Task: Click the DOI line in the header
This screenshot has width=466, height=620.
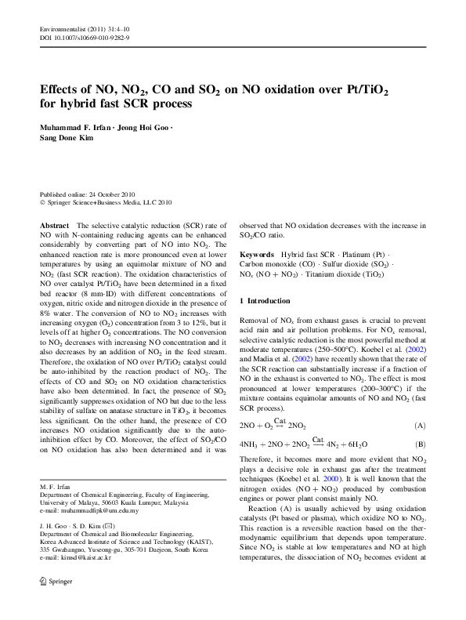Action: [x=85, y=37]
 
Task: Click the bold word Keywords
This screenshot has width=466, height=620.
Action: [x=257, y=256]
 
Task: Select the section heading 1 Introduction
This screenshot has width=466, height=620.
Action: [x=266, y=301]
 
